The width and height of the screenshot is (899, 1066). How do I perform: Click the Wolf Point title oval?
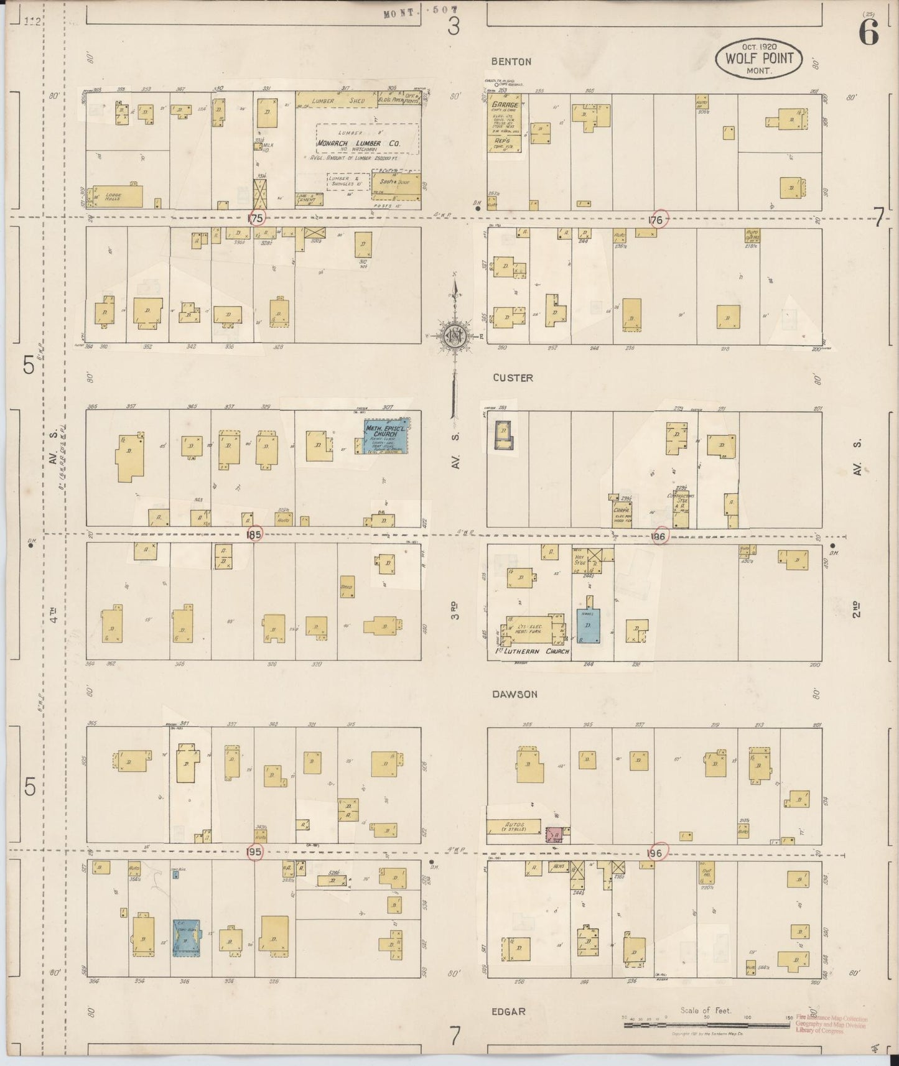759,58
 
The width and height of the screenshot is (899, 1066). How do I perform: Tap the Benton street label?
511,62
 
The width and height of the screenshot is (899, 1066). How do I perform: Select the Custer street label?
513,378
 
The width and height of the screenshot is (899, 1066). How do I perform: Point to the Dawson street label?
514,694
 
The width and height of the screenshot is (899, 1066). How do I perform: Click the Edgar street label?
508,1011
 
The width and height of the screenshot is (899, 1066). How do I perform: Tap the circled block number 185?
254,534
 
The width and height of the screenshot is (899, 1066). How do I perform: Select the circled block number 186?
659,536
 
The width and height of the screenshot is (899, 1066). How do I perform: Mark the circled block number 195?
254,851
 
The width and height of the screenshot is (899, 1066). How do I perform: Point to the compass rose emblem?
455,336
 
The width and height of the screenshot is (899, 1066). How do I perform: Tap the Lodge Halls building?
118,196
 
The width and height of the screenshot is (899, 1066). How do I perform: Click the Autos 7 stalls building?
513,827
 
